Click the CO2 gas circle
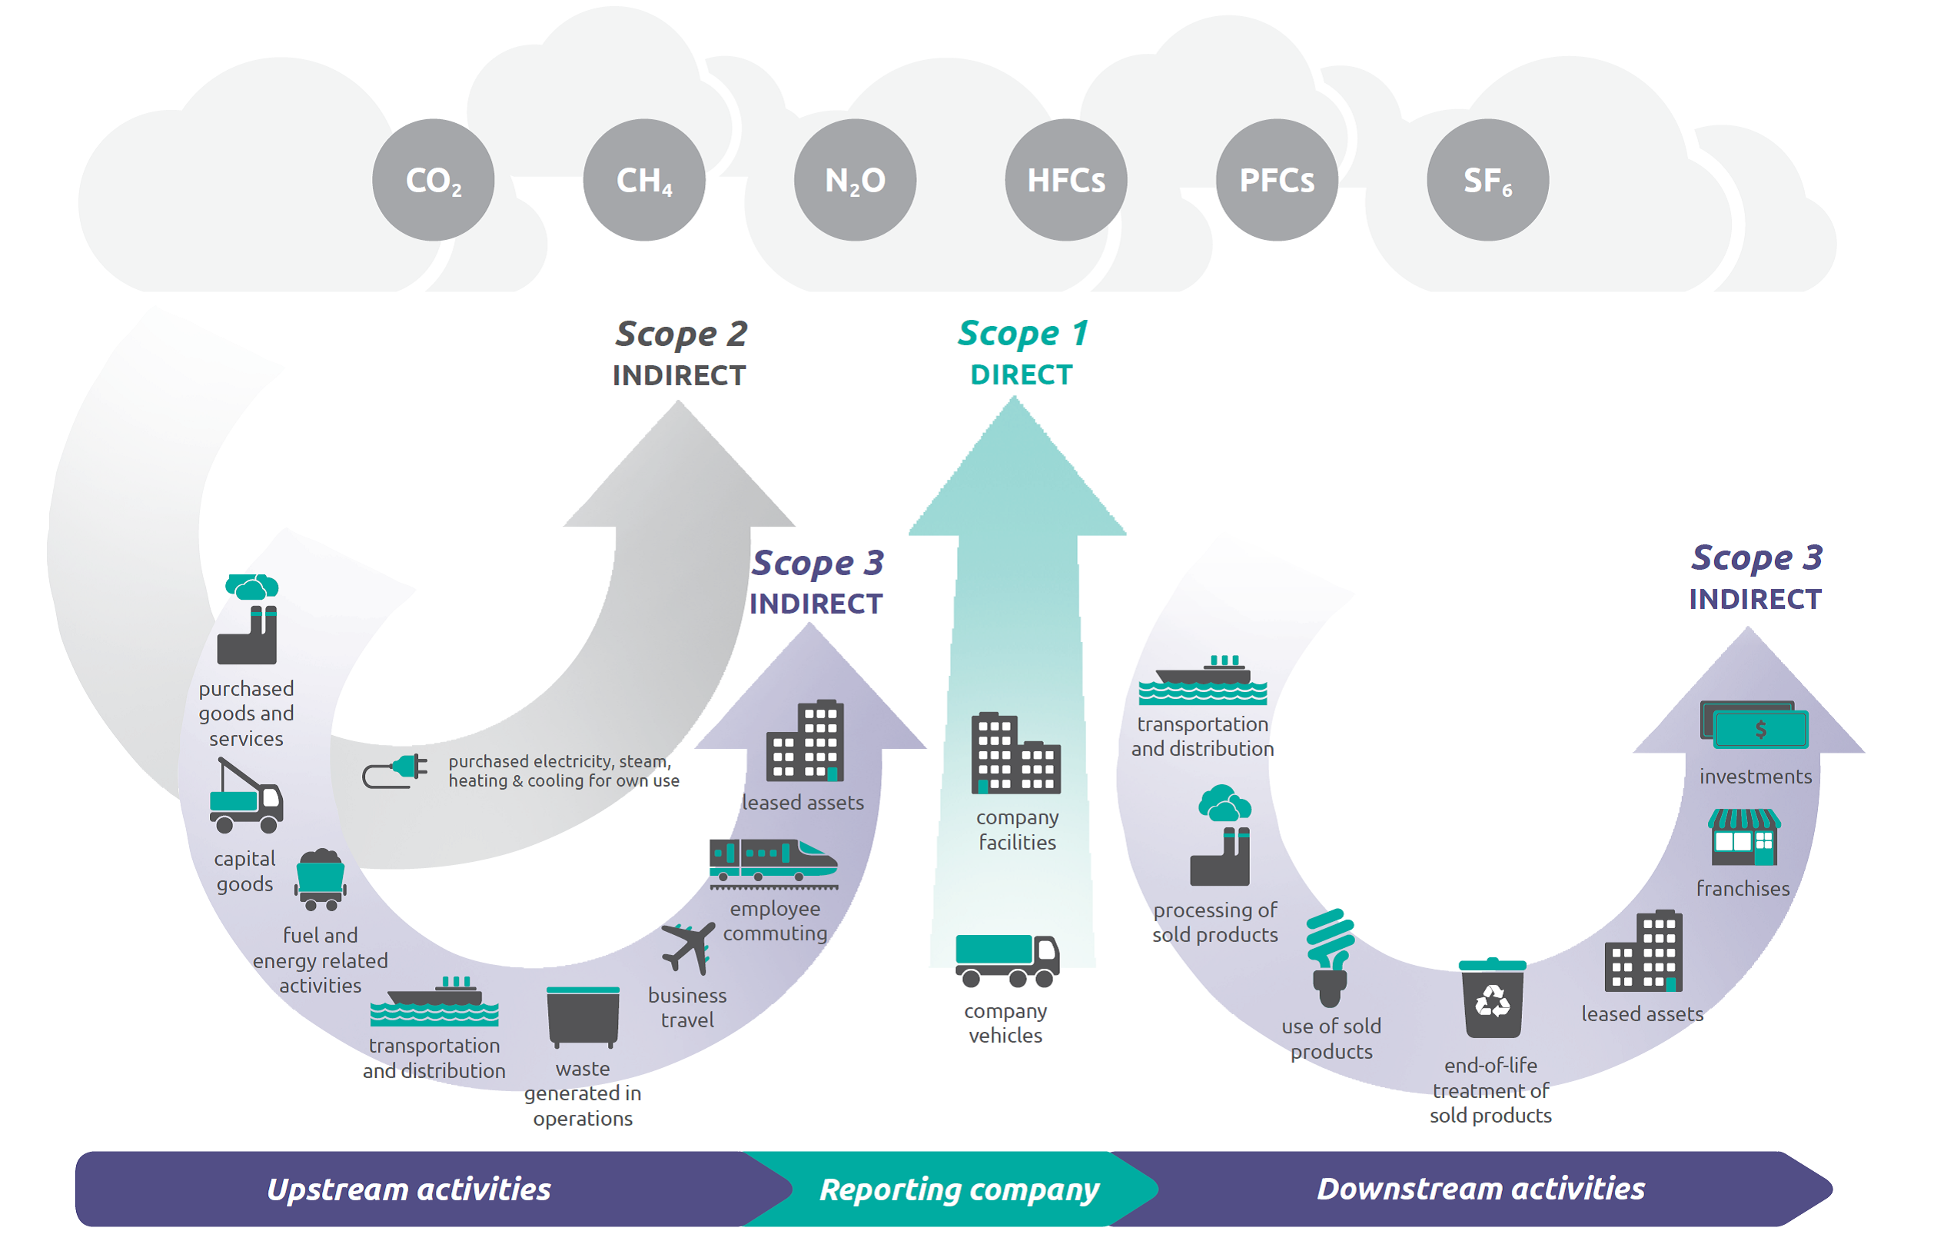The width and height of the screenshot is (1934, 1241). point(434,180)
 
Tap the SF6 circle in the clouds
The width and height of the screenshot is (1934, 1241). point(1487,180)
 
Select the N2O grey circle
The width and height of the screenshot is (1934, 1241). point(855,180)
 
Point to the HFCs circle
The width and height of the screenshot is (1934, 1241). point(1065,180)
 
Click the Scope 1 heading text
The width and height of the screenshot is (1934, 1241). point(1022,334)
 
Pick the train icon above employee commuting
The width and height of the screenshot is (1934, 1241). point(773,863)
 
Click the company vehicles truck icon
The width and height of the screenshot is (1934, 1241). point(1006,960)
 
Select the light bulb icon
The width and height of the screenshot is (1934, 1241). point(1330,957)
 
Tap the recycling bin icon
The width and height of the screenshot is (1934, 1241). point(1492,999)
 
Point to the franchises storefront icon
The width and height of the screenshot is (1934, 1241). point(1743,837)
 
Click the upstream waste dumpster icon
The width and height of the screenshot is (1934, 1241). point(583,1016)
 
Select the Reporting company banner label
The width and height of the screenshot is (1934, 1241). point(959,1189)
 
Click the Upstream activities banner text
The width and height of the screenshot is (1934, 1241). point(408,1189)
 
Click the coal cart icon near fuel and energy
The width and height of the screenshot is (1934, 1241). point(321,879)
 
